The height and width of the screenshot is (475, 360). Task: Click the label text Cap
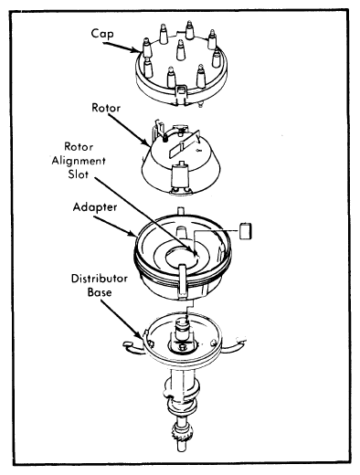click(102, 34)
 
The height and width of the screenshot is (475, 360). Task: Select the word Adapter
click(95, 207)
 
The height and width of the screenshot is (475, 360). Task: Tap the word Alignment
click(79, 161)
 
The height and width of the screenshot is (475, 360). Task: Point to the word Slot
click(79, 174)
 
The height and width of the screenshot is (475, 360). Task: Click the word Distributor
click(100, 279)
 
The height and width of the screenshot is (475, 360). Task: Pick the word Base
click(100, 292)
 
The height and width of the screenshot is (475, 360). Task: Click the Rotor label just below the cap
click(106, 108)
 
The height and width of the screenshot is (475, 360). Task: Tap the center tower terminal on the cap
click(181, 50)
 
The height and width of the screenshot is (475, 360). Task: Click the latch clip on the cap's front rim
click(181, 94)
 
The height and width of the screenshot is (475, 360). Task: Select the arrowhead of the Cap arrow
click(136, 50)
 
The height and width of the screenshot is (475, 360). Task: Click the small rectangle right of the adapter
click(246, 231)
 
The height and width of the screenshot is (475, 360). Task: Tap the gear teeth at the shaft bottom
click(183, 435)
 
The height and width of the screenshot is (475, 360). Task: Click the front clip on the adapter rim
click(183, 280)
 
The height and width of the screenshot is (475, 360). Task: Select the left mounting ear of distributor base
click(134, 347)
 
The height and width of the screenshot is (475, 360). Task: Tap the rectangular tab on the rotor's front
click(180, 177)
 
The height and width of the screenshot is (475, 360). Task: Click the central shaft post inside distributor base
click(183, 332)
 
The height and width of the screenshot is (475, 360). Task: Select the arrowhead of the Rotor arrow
click(146, 142)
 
